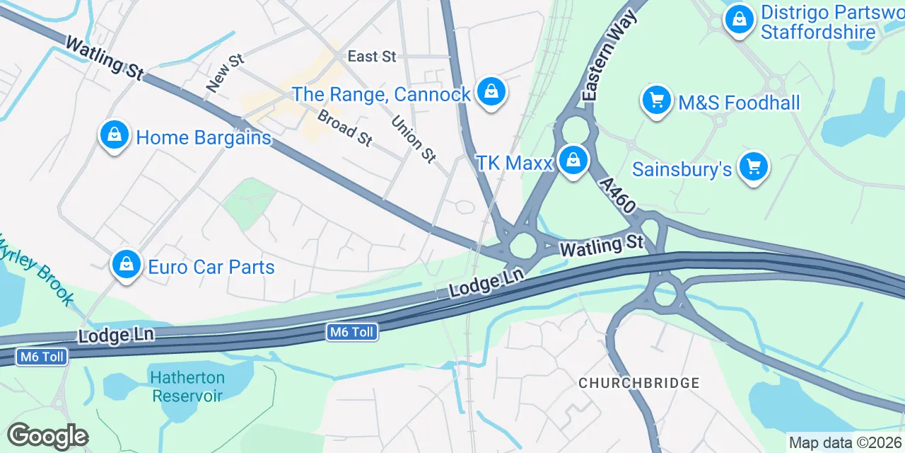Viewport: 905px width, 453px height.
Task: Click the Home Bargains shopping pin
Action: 114,135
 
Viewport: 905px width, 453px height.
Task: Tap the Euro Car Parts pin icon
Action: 126,265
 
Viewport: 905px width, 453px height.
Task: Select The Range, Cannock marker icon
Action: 489,92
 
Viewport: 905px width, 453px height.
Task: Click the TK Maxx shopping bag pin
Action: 573,161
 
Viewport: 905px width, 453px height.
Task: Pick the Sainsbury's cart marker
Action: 753,167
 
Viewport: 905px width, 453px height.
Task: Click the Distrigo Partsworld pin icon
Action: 739,19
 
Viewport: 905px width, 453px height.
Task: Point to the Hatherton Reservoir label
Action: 188,386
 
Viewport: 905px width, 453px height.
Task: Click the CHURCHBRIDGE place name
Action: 638,383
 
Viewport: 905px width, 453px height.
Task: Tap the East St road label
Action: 372,57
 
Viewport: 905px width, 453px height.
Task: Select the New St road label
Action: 225,72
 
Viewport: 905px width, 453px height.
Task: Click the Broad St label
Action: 344,128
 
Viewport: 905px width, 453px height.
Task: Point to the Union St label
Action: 414,139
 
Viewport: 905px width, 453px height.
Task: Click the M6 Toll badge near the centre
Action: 352,331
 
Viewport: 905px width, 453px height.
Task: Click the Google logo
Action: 47,437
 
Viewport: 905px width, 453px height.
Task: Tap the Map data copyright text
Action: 846,443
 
